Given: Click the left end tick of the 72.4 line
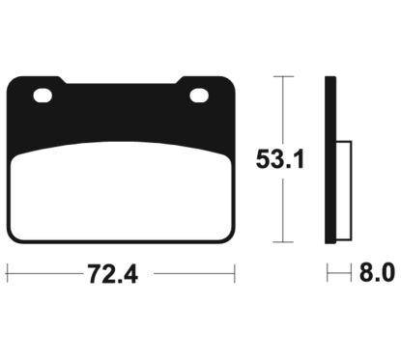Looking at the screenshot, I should [7, 275].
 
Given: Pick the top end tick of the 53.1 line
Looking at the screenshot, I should [280, 75].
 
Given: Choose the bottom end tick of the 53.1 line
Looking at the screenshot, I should [280, 242].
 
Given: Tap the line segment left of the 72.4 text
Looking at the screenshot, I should [43, 275].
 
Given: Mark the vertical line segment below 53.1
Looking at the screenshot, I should [280, 212].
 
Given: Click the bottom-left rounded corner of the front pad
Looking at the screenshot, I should [13, 235].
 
